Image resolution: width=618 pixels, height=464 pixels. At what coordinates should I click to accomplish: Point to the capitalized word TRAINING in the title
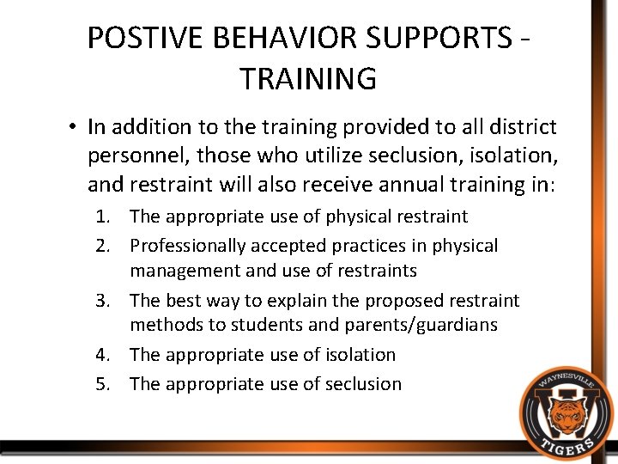tap(308, 79)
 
